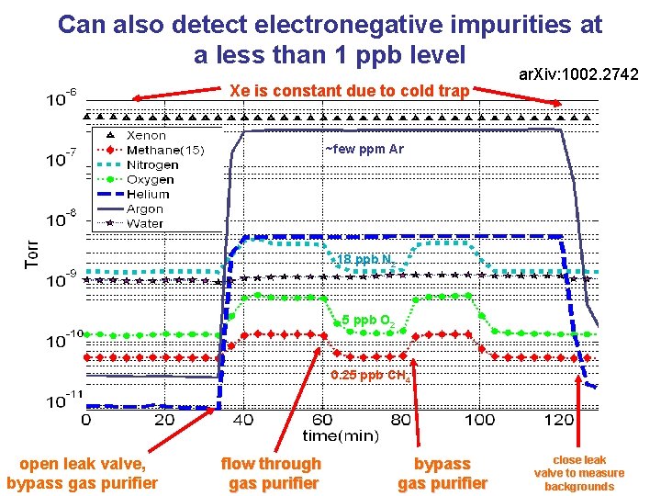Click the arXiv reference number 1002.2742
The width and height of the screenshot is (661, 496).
578,73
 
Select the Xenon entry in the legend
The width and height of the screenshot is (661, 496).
146,135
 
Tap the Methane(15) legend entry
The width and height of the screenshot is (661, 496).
164,150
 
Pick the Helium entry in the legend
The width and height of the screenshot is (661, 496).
148,194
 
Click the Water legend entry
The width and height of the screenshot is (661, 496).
145,222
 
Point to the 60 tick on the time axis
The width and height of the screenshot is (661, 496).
322,420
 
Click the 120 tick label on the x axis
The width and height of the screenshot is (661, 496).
558,420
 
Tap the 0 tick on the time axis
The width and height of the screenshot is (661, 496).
86,420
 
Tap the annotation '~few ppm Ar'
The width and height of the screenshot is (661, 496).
364,150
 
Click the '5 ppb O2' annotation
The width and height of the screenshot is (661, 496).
368,321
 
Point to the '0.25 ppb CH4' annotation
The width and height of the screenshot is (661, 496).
371,375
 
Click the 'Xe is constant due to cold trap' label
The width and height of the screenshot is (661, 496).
350,90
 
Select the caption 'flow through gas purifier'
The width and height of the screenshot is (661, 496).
271,473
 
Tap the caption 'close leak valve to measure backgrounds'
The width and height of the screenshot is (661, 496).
578,472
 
